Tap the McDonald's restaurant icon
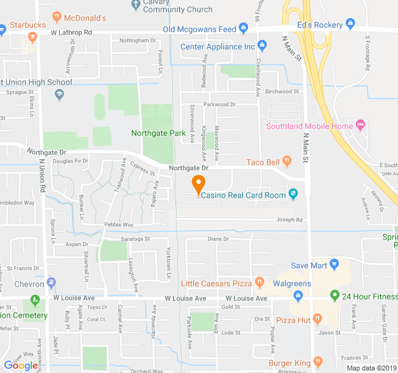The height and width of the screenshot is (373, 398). [x=57, y=16]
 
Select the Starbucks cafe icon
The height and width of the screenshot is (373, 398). [x=34, y=37]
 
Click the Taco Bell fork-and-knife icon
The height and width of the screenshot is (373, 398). [x=287, y=162]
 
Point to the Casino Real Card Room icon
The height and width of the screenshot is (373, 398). [x=293, y=194]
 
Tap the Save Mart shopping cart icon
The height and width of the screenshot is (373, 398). [x=334, y=264]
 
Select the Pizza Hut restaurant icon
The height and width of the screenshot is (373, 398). [x=318, y=319]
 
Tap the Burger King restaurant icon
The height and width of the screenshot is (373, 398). [x=318, y=361]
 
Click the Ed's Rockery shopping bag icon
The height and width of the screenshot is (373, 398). [x=350, y=25]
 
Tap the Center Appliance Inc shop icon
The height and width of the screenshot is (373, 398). [x=262, y=45]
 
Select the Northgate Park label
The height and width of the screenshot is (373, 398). [x=159, y=133]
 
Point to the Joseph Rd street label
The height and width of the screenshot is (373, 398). [x=290, y=219]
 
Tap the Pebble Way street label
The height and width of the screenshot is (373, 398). [x=119, y=224]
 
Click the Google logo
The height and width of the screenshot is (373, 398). [x=21, y=366]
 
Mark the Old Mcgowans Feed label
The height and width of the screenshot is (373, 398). [x=200, y=29]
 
